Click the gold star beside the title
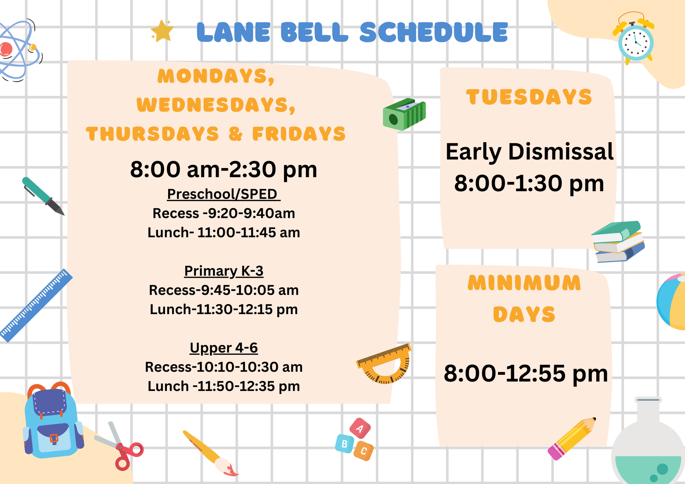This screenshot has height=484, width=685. pyautogui.click(x=162, y=31)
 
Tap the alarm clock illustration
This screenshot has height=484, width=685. pyautogui.click(x=635, y=42)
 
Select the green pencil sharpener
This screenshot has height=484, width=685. pyautogui.click(x=404, y=114)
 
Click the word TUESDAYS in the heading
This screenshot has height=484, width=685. pyautogui.click(x=529, y=97)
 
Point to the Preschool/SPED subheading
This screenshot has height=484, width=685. pyautogui.click(x=223, y=194)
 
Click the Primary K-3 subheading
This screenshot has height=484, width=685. pyautogui.click(x=224, y=271)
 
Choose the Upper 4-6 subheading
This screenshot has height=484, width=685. pyautogui.click(x=224, y=348)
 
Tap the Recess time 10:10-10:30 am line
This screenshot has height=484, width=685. pyautogui.click(x=224, y=367)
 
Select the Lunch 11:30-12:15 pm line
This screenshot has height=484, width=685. pyautogui.click(x=224, y=309)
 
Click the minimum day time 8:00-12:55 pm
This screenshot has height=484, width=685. pyautogui.click(x=526, y=373)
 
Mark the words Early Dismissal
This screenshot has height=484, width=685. pyautogui.click(x=529, y=152)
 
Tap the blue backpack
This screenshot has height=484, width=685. pyautogui.click(x=53, y=423)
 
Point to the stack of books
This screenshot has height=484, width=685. pyautogui.click(x=618, y=242)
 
